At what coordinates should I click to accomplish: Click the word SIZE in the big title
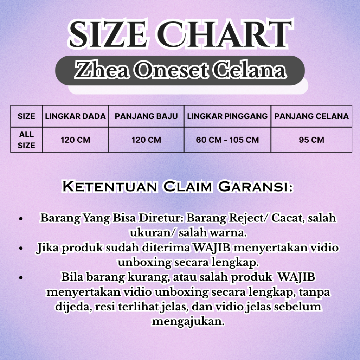[108, 34]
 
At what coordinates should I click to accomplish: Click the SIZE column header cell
[26, 116]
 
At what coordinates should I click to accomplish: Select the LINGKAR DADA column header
[76, 116]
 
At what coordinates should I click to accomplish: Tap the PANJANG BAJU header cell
[146, 116]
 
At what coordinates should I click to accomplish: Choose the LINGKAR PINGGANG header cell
[227, 116]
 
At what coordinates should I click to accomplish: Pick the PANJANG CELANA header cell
[311, 116]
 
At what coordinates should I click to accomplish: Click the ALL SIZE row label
[26, 140]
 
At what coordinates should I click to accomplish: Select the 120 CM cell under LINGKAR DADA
[76, 140]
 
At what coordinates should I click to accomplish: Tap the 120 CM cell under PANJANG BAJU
[146, 140]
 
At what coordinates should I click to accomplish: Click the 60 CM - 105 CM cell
[227, 140]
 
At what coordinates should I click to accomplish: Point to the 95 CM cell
[311, 140]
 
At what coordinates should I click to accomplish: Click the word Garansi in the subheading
[255, 186]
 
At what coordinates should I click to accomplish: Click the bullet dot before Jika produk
[21, 248]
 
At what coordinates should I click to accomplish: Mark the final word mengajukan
[188, 321]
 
